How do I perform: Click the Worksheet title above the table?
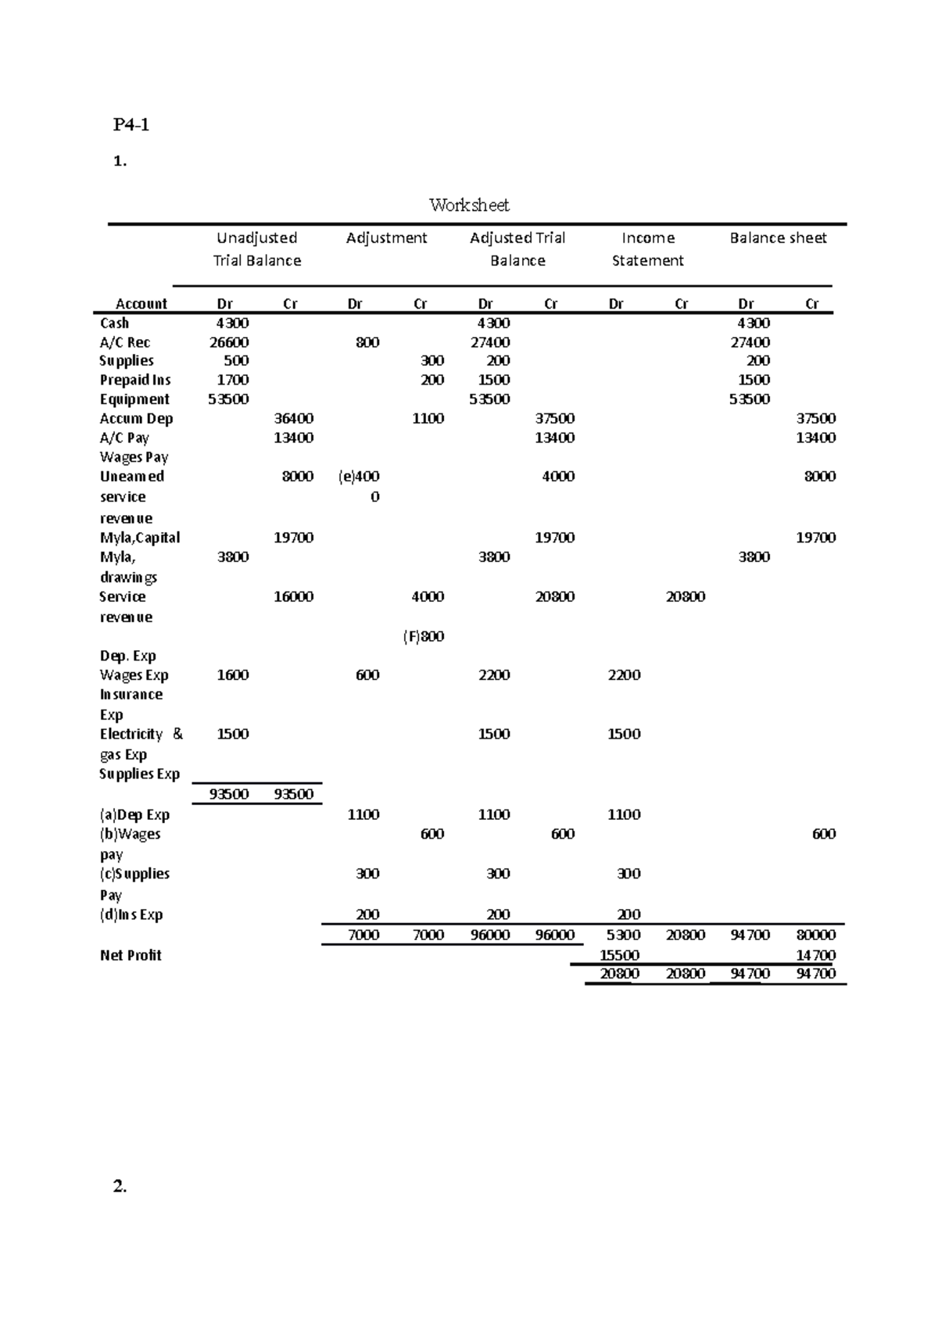tap(469, 206)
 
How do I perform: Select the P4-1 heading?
tap(131, 124)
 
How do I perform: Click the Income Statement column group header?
tap(647, 249)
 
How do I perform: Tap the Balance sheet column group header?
tap(778, 238)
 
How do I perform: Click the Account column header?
tap(141, 303)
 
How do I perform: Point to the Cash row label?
tap(114, 323)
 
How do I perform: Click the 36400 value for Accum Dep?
tap(294, 418)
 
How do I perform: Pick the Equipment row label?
tap(134, 399)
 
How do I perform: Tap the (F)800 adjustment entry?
tap(424, 636)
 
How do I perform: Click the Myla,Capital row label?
tap(140, 538)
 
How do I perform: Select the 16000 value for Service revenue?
tap(294, 596)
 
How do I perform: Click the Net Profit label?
tap(131, 955)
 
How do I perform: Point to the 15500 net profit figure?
tap(619, 955)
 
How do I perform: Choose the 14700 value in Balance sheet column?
tap(815, 955)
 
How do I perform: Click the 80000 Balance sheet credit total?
tap(815, 935)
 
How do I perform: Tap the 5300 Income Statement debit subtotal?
tap(623, 935)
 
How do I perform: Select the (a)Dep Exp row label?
tap(134, 814)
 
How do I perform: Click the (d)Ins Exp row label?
tap(131, 914)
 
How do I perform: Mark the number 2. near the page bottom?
tap(120, 1186)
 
